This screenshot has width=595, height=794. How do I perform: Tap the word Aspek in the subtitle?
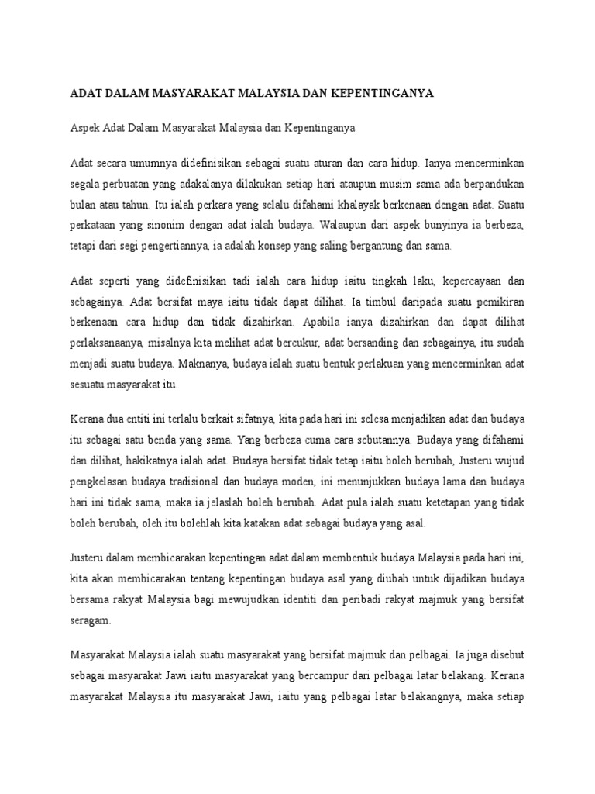click(x=85, y=129)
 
